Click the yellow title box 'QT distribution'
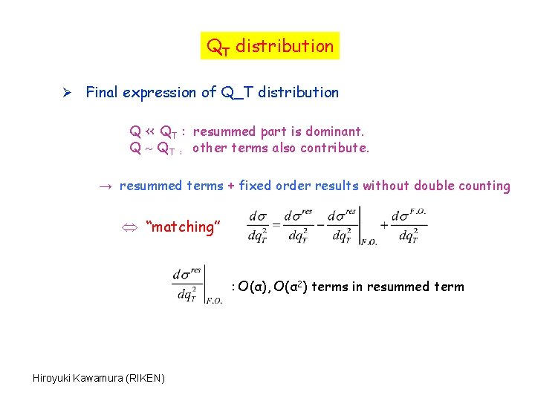[x=270, y=46]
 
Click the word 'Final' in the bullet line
[x=103, y=93]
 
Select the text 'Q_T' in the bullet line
[x=237, y=94]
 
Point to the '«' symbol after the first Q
[x=149, y=132]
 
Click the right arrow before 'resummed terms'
[x=106, y=186]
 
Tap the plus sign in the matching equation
[x=384, y=225]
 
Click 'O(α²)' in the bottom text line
[x=291, y=287]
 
